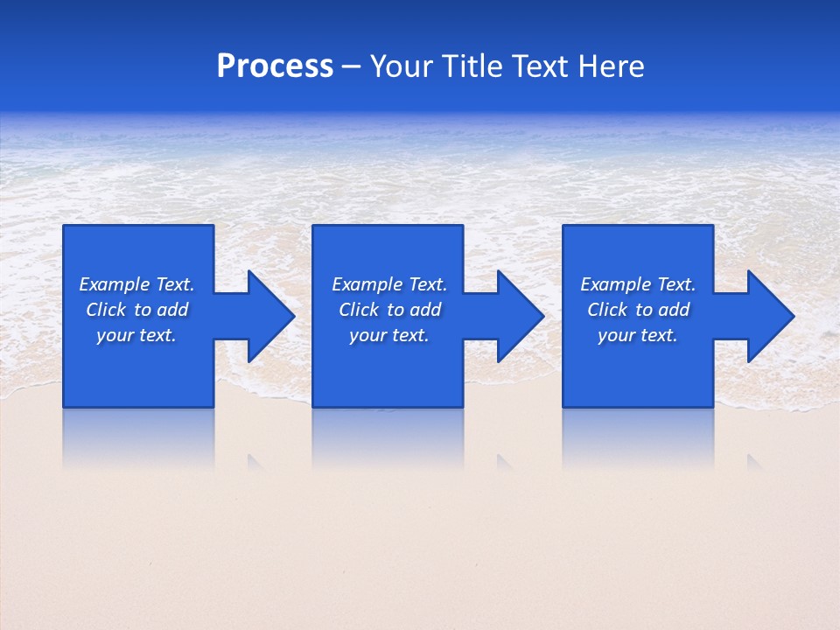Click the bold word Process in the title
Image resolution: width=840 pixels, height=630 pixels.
[275, 66]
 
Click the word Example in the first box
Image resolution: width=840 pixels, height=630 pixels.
[115, 284]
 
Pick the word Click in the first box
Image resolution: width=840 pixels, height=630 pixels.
[107, 310]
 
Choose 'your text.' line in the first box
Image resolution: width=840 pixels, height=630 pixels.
[136, 335]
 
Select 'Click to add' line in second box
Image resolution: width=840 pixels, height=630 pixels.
[389, 310]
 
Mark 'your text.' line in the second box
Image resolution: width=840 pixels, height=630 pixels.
[389, 335]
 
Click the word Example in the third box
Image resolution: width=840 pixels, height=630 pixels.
[616, 284]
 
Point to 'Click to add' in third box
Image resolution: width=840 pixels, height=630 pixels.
[638, 310]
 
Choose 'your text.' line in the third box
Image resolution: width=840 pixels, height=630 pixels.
[638, 335]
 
